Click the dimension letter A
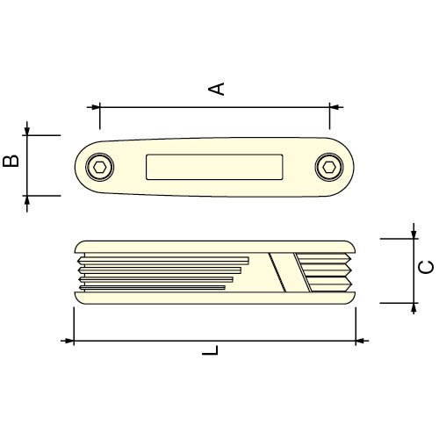point(216,89)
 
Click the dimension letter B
point(11,162)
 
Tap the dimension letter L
point(210,350)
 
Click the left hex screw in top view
point(99,167)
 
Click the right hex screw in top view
point(329,167)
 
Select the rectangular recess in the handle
point(214,167)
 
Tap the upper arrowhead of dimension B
point(27,131)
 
